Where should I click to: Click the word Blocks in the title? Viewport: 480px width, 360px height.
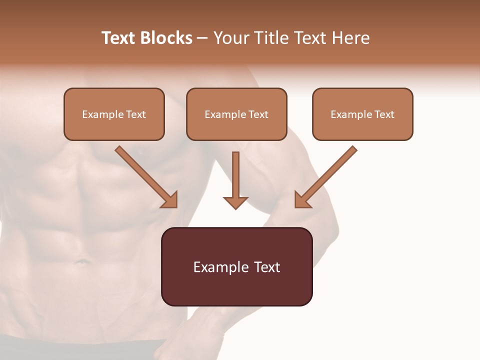pyautogui.click(x=167, y=38)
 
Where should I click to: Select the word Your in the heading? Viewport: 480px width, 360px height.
pyautogui.click(x=230, y=38)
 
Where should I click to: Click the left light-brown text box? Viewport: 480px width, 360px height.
pyautogui.click(x=114, y=114)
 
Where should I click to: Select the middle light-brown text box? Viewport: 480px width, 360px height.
pyautogui.click(x=236, y=114)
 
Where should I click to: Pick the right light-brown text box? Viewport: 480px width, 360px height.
pyautogui.click(x=362, y=114)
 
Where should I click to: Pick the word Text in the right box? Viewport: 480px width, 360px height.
pyautogui.click(x=384, y=114)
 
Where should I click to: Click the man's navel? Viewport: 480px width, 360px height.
pyautogui.click(x=80, y=260)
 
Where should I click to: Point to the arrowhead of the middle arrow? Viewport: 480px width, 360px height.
pyautogui.click(x=235, y=202)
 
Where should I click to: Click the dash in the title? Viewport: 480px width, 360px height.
pyautogui.click(x=202, y=38)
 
